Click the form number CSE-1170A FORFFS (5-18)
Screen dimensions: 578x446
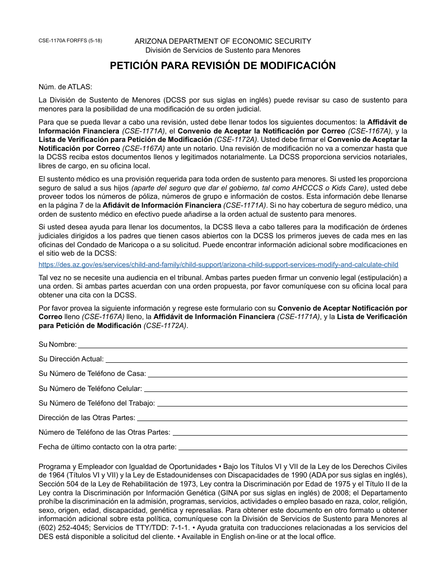point(70,41)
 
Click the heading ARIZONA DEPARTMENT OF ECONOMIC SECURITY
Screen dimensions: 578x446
point(223,41)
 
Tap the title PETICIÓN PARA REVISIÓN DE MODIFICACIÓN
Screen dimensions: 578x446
point(223,66)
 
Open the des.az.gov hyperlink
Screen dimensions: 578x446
point(218,265)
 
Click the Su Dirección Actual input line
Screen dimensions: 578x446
point(256,359)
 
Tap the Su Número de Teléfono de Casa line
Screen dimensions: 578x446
point(277,375)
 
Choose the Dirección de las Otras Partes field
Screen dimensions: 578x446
point(272,418)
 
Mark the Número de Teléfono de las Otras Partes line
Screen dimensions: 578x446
point(290,433)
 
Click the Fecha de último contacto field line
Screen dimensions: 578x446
point(292,447)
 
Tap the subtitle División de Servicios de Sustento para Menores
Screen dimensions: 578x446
point(223,50)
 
